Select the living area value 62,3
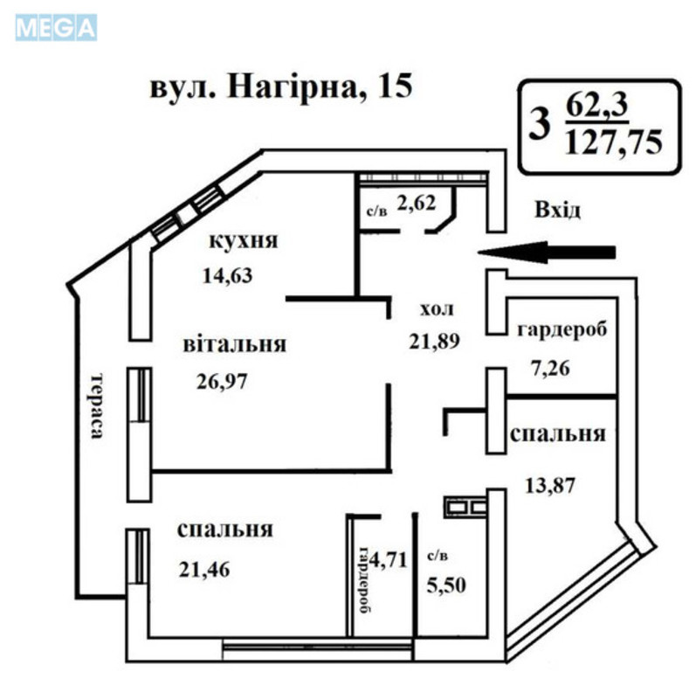click(598, 107)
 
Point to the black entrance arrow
click(548, 253)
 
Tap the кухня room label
click(243, 241)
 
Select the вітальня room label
click(234, 344)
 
